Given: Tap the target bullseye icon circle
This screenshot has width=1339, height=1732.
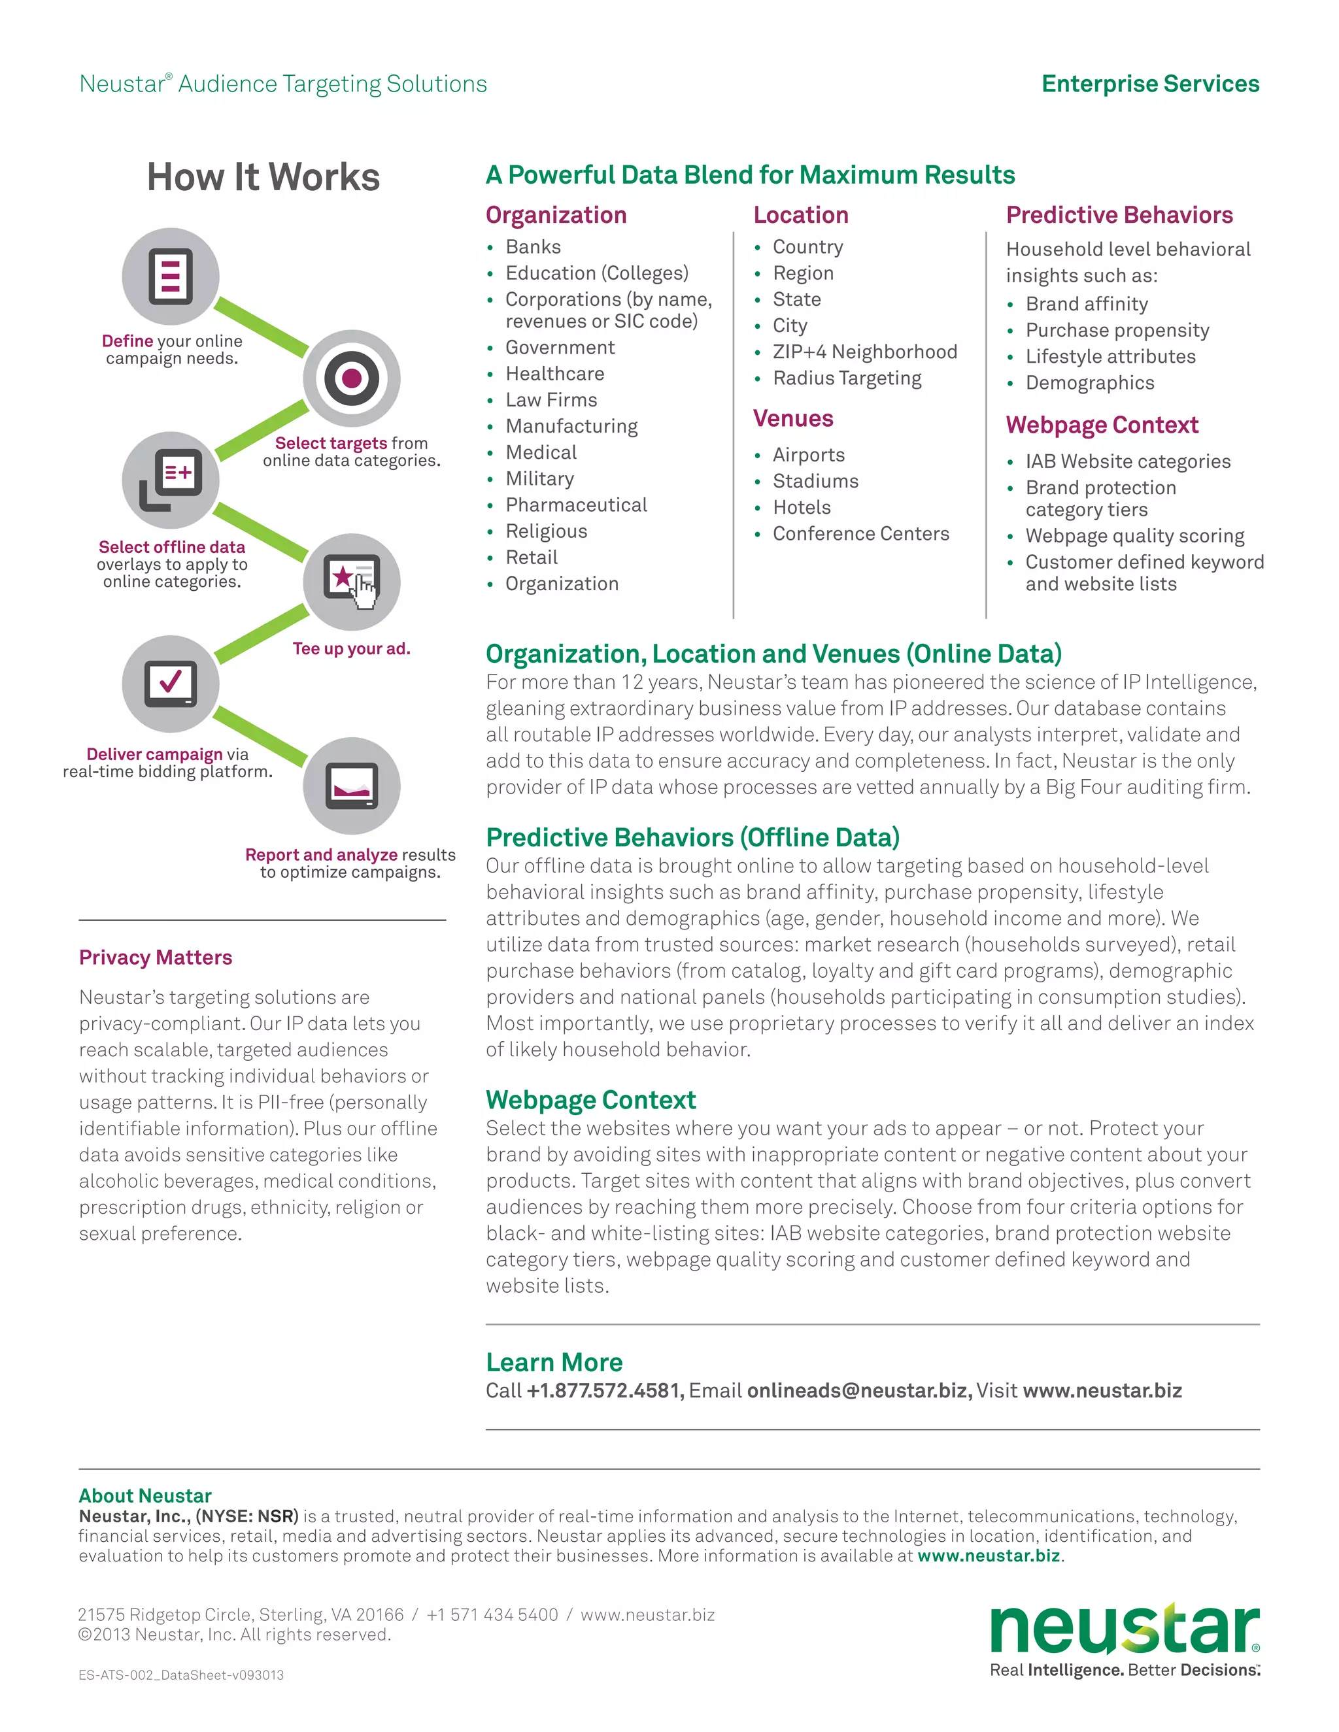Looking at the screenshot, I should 351,378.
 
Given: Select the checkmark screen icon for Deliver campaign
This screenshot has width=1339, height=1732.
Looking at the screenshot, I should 171,683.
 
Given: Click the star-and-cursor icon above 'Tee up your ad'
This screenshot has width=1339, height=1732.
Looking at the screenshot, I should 351,581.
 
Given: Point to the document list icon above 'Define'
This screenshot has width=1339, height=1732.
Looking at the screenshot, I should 171,276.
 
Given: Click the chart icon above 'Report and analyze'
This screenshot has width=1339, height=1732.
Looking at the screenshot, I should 351,785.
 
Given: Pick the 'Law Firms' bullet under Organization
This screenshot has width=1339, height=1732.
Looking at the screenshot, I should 551,400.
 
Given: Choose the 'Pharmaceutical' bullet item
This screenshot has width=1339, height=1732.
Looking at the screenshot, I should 576,505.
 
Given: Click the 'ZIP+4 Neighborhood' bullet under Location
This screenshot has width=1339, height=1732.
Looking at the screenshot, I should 864,352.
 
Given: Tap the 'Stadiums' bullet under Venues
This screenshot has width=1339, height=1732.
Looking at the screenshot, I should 815,482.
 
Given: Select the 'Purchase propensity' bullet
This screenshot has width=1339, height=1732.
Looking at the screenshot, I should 1117,331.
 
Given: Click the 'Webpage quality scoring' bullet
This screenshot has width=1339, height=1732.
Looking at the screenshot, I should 1134,536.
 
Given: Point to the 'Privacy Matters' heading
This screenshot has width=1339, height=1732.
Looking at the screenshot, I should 156,958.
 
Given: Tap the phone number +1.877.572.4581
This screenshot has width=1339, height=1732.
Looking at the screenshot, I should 605,1390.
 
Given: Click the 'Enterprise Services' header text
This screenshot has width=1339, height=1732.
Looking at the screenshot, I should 1149,84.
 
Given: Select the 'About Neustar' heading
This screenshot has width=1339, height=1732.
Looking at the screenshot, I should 145,1495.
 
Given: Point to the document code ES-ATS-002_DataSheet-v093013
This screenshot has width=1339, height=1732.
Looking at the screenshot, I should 181,1676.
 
